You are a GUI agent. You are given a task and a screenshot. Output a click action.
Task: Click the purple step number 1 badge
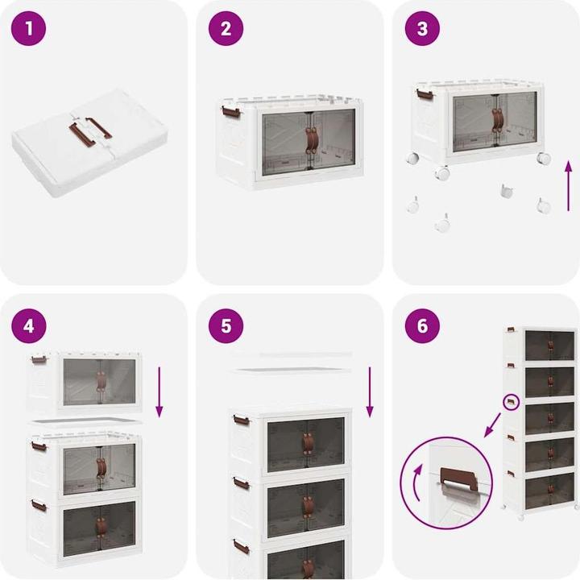(28, 28)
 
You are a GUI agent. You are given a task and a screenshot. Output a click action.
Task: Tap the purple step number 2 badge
(226, 28)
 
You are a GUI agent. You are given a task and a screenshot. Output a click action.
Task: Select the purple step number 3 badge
(422, 28)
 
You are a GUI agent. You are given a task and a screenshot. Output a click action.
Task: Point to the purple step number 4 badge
(28, 326)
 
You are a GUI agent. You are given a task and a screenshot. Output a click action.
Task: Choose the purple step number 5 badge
(226, 326)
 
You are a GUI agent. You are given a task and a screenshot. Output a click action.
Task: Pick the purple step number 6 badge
(422, 326)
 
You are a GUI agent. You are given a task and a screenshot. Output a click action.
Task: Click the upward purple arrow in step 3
(569, 186)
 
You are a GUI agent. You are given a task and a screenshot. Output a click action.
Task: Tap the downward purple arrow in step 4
(159, 392)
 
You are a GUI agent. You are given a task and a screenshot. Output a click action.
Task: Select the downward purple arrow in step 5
(370, 392)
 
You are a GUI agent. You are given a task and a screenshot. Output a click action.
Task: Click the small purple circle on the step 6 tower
(512, 402)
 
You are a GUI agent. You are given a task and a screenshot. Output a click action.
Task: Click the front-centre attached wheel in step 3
(442, 173)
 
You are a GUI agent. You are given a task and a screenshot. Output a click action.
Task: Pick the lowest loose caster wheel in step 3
(442, 223)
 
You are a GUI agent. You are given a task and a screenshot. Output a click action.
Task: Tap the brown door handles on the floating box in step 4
(100, 382)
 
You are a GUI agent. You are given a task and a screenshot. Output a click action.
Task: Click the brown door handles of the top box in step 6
(550, 346)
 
